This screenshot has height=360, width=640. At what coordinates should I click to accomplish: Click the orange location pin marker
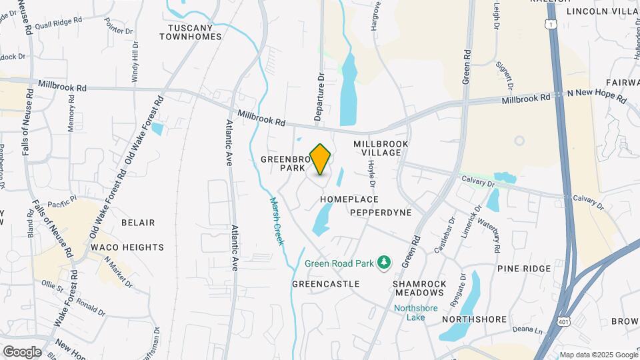coord(321,159)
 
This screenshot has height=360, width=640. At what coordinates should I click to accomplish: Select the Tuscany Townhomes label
coord(190,32)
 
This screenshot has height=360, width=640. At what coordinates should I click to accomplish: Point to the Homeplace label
coord(349,199)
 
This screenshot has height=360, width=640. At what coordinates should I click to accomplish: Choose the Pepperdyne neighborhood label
coord(381,212)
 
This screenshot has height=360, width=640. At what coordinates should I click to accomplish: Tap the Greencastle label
coord(326,284)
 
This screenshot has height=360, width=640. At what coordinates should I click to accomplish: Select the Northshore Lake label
coord(413,313)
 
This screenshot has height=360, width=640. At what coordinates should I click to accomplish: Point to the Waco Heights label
coord(127,247)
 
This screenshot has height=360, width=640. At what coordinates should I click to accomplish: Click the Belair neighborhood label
coord(138,223)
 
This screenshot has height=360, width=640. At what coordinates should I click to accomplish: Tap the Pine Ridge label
coord(524,269)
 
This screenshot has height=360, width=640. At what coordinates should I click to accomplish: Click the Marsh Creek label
coord(277,221)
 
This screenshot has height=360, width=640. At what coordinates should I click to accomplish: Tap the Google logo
coord(22,351)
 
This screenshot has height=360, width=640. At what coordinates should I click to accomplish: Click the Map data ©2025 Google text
coord(599,355)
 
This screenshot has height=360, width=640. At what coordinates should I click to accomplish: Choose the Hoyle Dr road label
coord(371,175)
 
